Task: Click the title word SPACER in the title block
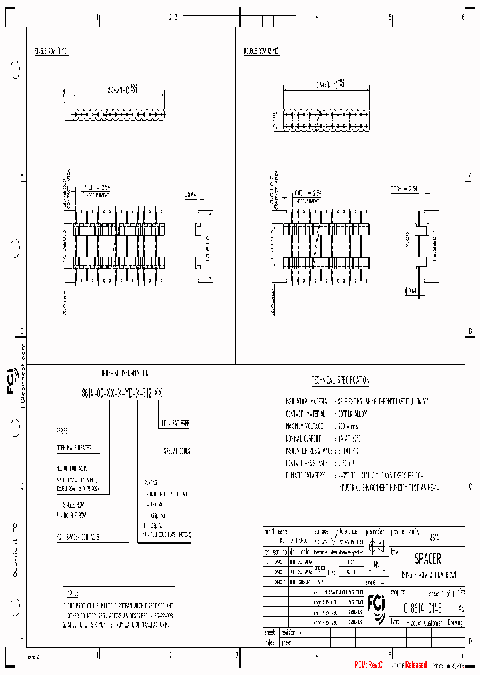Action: pos(428,559)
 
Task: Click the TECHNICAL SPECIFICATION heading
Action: pos(340,380)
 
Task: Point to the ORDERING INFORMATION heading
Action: pos(125,375)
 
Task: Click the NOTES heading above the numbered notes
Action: pos(73,592)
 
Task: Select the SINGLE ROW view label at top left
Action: pos(51,51)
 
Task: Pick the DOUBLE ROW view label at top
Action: pos(261,51)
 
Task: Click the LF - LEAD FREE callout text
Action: pos(175,424)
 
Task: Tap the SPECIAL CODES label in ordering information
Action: pos(177,452)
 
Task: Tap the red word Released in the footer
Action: pos(415,665)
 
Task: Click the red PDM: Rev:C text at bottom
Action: pos(369,665)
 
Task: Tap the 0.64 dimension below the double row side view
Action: pos(413,291)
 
